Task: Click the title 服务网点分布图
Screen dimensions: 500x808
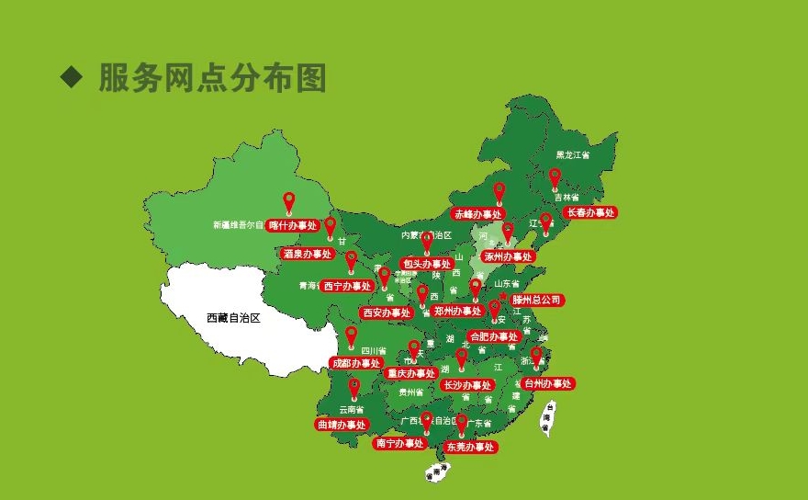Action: coord(212,79)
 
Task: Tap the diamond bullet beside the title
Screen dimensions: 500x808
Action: coord(72,77)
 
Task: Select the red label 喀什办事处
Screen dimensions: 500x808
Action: coord(292,225)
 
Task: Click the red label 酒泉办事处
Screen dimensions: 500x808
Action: coord(307,254)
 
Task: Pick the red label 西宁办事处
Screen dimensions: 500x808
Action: coord(347,286)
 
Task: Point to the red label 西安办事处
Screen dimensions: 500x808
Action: coord(387,312)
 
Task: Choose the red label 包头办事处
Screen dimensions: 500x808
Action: coord(428,264)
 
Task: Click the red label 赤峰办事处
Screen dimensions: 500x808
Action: coord(478,213)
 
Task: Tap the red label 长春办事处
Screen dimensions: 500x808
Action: coord(589,212)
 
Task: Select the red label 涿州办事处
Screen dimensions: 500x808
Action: coord(509,257)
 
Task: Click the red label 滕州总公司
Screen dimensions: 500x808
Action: coord(537,300)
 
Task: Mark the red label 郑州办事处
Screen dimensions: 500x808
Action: coord(457,312)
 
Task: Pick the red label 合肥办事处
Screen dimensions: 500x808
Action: coord(495,336)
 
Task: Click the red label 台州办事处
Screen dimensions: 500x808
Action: coord(548,383)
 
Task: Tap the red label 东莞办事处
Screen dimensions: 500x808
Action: coord(470,447)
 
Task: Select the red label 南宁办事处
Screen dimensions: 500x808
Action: coord(400,443)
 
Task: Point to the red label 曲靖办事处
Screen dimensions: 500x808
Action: coord(342,425)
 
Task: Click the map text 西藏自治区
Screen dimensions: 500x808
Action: coord(234,319)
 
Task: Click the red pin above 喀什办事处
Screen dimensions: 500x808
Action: coord(288,201)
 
